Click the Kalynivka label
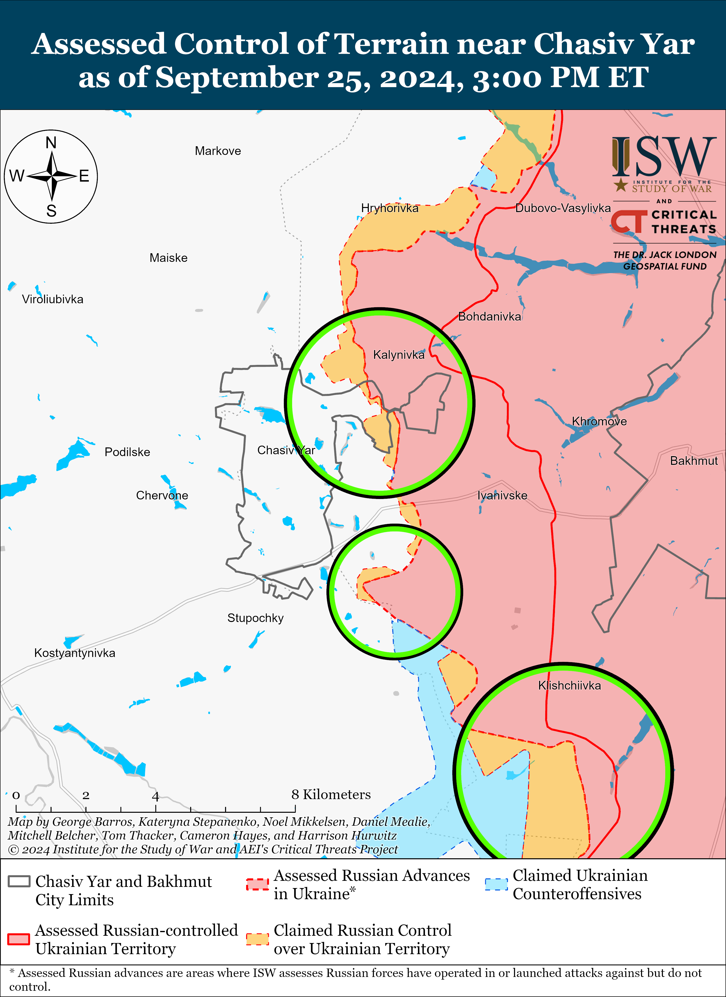coord(399,355)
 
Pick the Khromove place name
coord(599,421)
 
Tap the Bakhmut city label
coord(694,461)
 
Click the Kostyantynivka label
coord(75,653)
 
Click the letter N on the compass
coord(51,143)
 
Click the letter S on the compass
coord(51,211)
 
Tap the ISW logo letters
coord(664,156)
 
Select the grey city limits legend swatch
coord(19,881)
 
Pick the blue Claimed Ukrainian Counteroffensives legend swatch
coord(496,884)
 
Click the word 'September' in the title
coord(237,77)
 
